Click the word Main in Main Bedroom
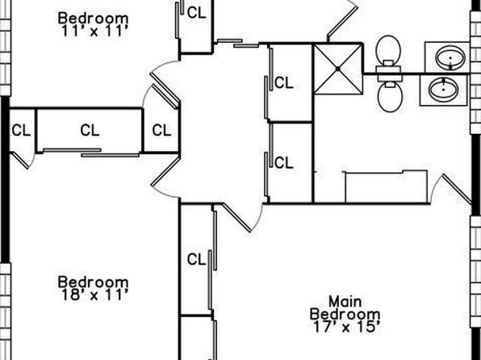[345, 302]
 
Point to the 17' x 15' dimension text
[347, 327]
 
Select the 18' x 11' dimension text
[94, 295]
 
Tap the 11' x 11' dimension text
[94, 31]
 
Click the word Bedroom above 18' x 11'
[94, 282]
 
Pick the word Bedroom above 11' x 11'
[94, 18]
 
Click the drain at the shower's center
[337, 69]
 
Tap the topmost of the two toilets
[388, 54]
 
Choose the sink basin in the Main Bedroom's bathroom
[444, 90]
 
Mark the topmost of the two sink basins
[450, 57]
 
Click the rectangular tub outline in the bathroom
[387, 186]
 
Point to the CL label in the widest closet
[90, 131]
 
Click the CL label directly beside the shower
[284, 83]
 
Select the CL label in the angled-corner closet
[161, 131]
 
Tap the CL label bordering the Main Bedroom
[196, 260]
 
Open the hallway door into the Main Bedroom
[236, 217]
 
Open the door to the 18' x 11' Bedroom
[165, 171]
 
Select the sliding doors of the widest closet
[91, 153]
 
